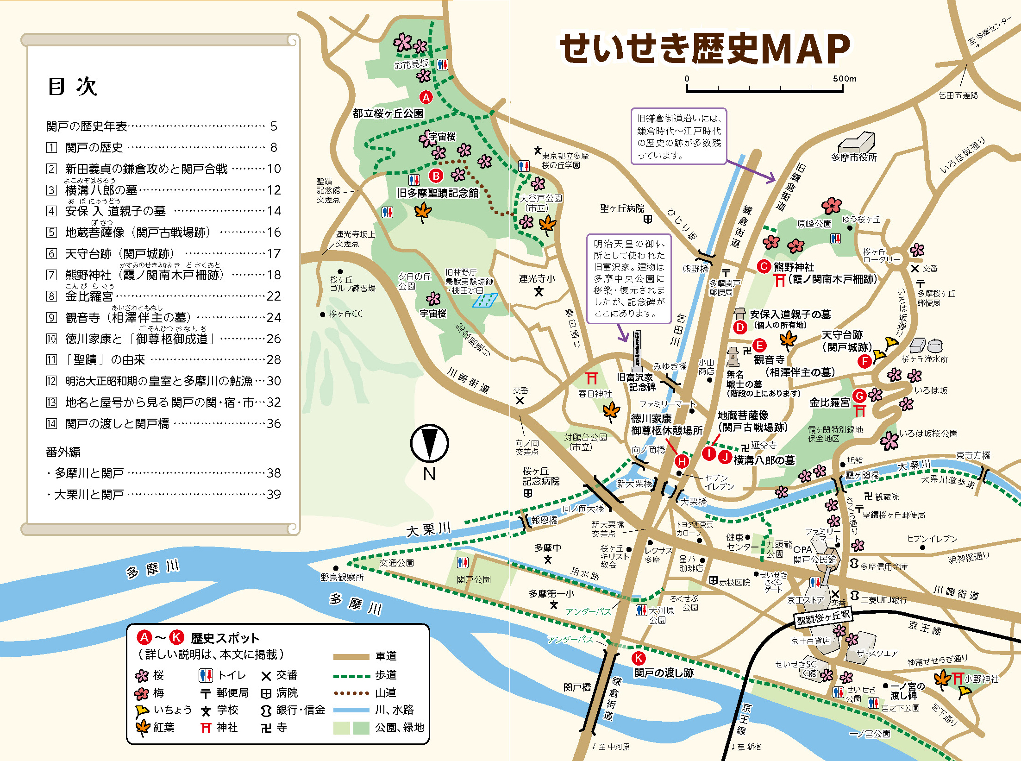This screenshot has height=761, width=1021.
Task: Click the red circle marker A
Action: [426, 97]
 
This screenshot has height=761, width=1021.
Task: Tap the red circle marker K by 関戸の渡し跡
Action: [639, 658]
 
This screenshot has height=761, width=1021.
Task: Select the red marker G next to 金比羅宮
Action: [859, 396]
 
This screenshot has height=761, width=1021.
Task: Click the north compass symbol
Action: [429, 444]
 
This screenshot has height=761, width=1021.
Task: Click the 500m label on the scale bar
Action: [845, 79]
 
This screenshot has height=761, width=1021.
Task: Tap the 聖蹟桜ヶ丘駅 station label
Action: [823, 617]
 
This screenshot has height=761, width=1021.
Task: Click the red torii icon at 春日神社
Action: [592, 378]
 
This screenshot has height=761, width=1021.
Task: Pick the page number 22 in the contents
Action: [274, 296]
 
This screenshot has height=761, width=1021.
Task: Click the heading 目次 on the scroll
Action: [73, 87]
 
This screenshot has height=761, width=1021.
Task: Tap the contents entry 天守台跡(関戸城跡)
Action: [119, 254]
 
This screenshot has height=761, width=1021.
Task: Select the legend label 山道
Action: [386, 692]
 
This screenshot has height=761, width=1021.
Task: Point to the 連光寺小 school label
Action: [537, 279]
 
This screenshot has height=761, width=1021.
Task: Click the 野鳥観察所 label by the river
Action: [342, 577]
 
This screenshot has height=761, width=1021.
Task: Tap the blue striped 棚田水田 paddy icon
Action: [485, 301]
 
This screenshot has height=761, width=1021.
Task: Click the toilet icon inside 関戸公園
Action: [463, 563]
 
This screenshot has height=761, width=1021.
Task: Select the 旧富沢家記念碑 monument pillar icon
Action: [637, 350]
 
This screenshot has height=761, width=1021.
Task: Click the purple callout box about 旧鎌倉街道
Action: [679, 136]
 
